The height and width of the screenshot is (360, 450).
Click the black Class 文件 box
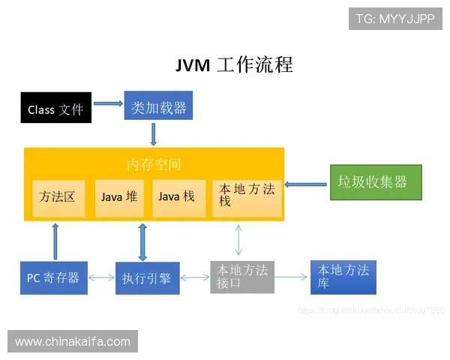click(x=56, y=109)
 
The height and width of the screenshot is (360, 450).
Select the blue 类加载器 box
click(x=158, y=106)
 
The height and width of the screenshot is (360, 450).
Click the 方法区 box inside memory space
click(x=58, y=197)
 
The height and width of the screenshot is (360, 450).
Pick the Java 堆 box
click(x=119, y=197)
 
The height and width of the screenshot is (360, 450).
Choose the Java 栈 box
click(x=178, y=197)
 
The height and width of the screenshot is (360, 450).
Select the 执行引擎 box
click(x=147, y=277)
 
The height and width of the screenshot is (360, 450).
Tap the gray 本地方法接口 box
click(x=242, y=277)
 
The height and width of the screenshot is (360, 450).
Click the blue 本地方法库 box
click(x=343, y=277)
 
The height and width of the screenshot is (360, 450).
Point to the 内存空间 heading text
click(x=154, y=164)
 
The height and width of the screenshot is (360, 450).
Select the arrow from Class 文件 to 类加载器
click(x=108, y=104)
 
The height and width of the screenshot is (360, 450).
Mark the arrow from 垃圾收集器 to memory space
click(x=307, y=183)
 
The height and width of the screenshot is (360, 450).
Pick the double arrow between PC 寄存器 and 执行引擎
click(x=101, y=278)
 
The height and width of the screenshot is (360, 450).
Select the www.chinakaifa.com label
click(x=72, y=342)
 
